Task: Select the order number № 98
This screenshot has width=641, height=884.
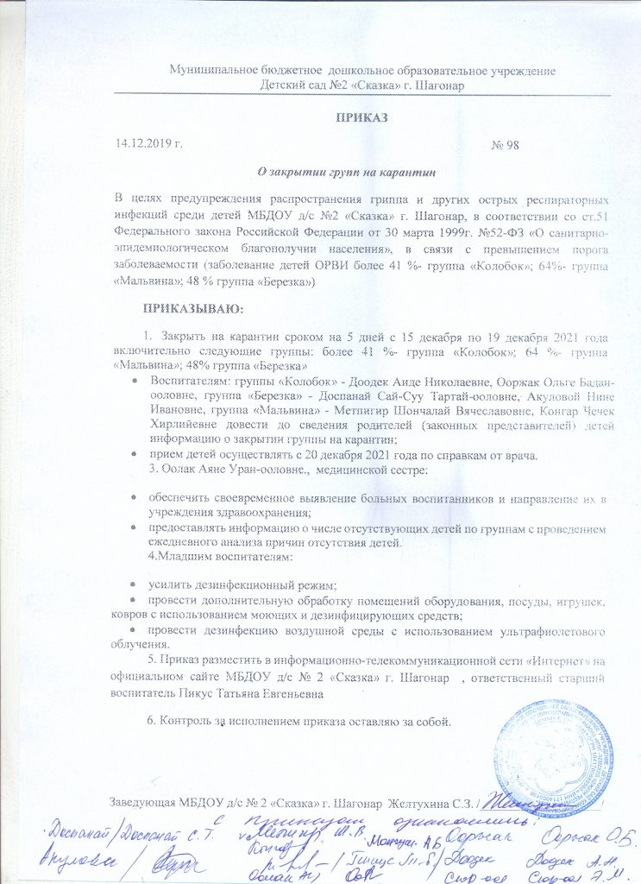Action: [x=504, y=143]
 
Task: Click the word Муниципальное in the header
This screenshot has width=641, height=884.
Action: [x=211, y=69]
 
